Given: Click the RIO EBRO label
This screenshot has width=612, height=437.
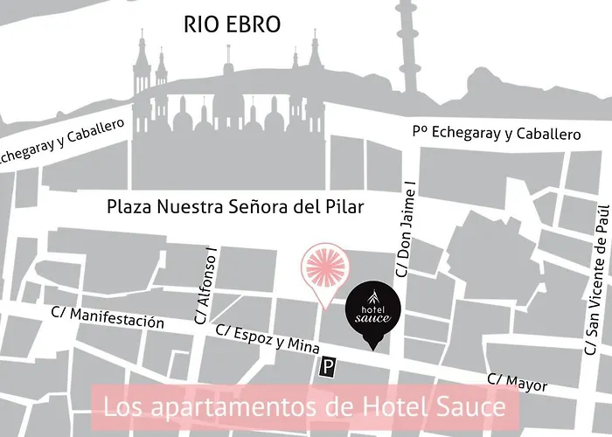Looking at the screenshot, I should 232,24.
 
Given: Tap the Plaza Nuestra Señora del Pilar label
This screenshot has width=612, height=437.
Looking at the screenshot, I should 234,208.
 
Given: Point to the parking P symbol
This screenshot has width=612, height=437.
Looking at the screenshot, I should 329,370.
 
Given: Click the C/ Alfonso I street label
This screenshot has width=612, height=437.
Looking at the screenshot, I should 210,285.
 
